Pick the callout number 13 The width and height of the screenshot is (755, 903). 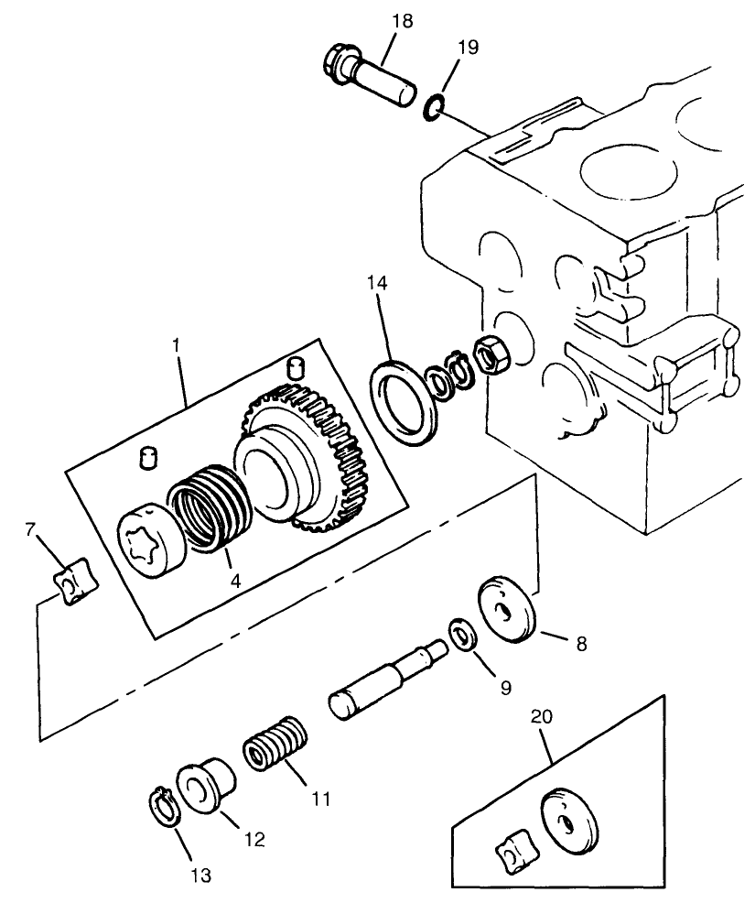click(200, 876)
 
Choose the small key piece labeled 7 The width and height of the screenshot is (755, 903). click(70, 587)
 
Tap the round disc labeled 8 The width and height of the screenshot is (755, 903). click(507, 608)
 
